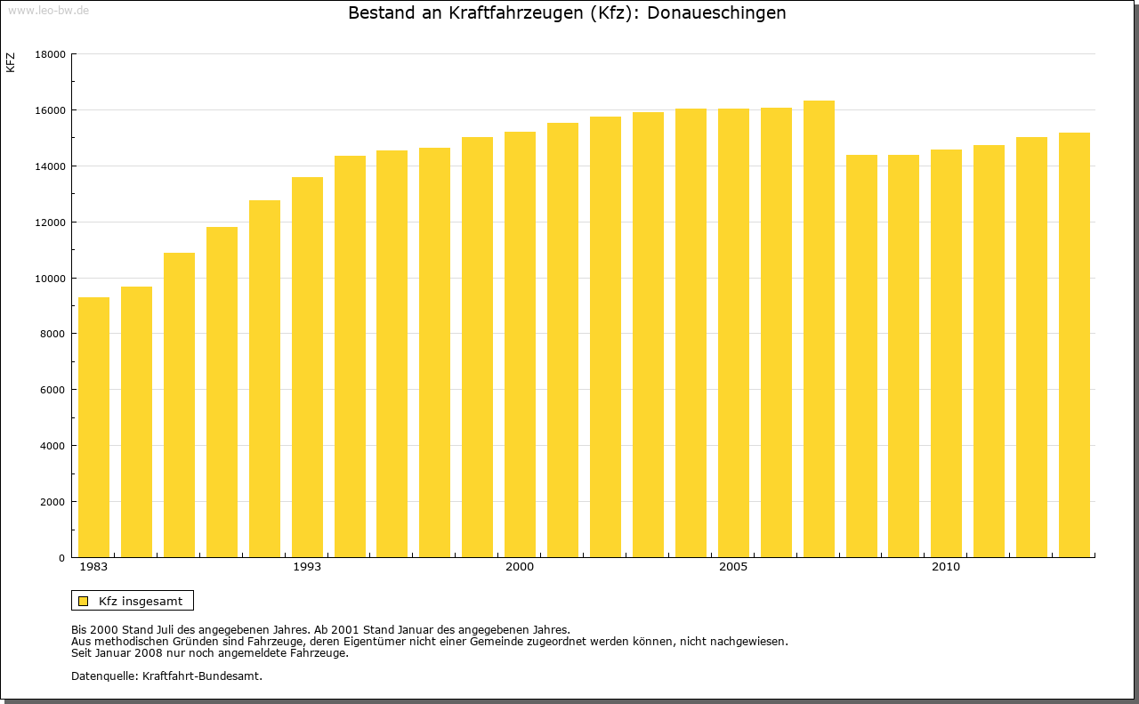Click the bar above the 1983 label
(x=93, y=427)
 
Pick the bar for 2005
(x=733, y=333)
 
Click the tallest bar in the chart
(x=819, y=329)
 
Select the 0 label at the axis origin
(x=61, y=558)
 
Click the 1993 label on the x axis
(x=307, y=567)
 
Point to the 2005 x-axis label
(x=733, y=567)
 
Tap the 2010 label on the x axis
(x=946, y=567)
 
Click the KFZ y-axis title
(x=11, y=62)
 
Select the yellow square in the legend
(x=83, y=601)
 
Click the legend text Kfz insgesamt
(x=141, y=601)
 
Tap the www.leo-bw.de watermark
(x=47, y=10)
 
